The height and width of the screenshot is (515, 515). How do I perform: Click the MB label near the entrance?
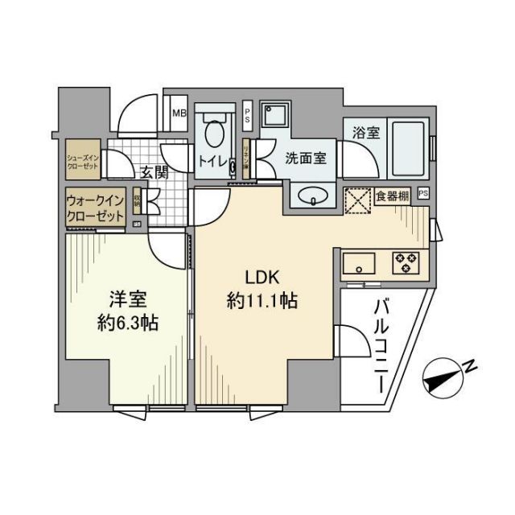tap(178, 113)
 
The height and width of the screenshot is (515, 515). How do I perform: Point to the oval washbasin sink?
tap(311, 195)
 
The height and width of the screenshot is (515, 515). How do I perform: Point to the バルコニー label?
tap(381, 344)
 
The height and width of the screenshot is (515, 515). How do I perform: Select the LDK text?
tap(262, 278)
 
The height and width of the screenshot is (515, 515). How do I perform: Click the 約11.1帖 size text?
tap(262, 303)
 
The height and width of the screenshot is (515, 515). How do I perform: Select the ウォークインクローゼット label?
tap(95, 208)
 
